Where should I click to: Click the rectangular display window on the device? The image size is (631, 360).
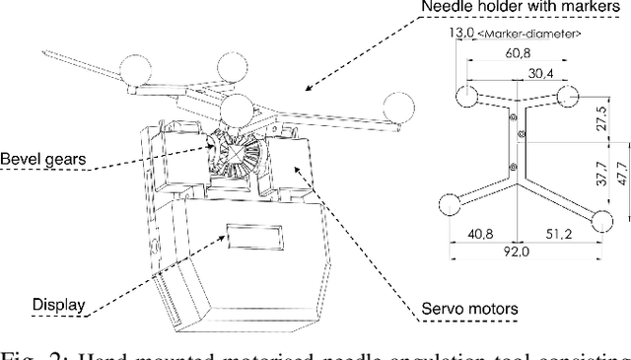click(257, 236)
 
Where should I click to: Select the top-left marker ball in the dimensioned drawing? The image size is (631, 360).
click(464, 96)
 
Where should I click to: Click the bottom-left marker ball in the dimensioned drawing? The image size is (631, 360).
click(449, 204)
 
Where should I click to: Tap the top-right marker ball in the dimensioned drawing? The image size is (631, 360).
click(567, 96)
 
